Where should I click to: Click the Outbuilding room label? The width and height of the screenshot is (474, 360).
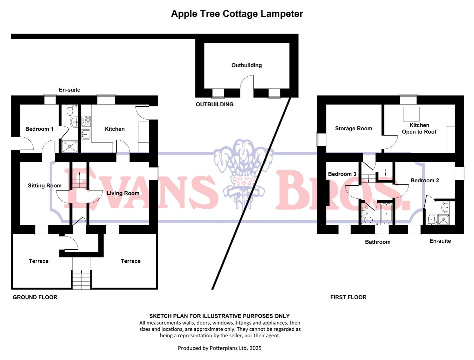(x=247, y=65)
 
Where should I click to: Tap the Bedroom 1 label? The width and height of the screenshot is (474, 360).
(x=39, y=129)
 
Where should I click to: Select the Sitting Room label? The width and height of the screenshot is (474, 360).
(x=45, y=186)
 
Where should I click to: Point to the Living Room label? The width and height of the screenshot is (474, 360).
(x=123, y=193)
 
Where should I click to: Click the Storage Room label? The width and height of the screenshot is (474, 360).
(x=353, y=129)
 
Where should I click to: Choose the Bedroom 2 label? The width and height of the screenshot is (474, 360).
(x=425, y=181)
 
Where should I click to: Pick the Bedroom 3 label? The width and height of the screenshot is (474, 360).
(x=342, y=174)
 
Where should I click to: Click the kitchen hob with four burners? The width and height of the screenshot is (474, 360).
(x=86, y=121)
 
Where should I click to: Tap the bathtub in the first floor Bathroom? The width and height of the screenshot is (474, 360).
(x=387, y=213)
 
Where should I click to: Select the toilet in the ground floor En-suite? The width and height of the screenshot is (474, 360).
(x=70, y=110)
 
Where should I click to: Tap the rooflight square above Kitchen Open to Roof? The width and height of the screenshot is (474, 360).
(x=411, y=114)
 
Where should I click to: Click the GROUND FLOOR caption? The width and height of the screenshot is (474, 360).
(x=35, y=297)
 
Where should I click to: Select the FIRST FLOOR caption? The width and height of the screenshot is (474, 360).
(x=348, y=297)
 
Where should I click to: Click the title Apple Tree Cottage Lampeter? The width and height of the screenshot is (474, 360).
(x=237, y=14)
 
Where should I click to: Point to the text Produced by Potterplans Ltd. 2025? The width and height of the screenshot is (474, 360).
(x=219, y=348)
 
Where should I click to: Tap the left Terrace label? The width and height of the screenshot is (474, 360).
(x=39, y=261)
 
